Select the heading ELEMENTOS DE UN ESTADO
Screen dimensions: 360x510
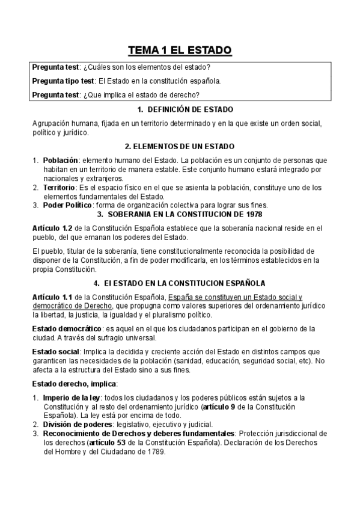coord(180,146)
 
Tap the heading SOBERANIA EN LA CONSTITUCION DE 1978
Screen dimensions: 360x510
coord(185,214)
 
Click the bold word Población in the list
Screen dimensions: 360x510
coord(61,161)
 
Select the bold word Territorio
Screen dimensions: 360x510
coord(59,188)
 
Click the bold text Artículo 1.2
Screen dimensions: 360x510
coord(53,229)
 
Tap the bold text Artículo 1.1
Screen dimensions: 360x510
coord(53,297)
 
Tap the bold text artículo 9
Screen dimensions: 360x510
coord(222,407)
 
